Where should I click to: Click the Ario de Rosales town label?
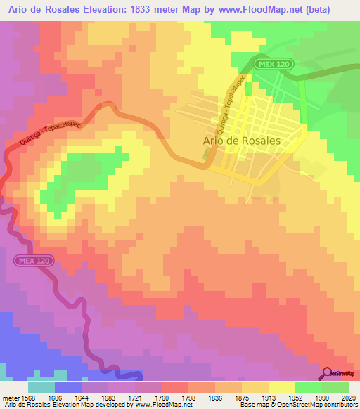241,141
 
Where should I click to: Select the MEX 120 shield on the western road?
32,261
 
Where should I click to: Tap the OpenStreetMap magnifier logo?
328,373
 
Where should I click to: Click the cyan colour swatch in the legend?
41,387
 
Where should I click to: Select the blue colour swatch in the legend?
68,387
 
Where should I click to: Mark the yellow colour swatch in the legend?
281,387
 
